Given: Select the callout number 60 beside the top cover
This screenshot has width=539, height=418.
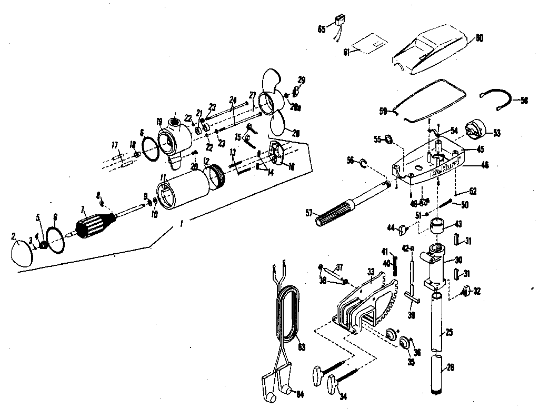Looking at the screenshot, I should click(479, 38).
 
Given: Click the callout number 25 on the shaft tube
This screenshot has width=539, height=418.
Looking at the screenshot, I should click(449, 332).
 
